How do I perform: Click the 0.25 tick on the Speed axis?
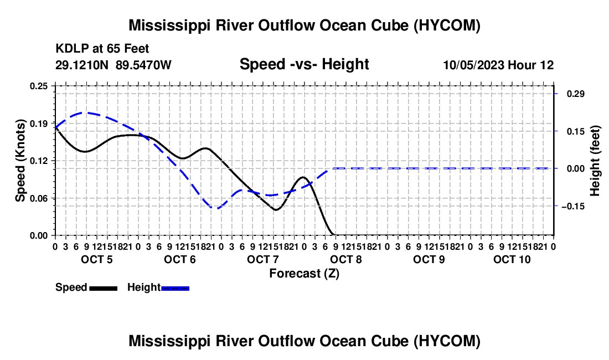pos(39,86)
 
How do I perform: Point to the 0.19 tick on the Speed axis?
pos(39,124)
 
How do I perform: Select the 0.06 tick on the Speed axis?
pos(39,198)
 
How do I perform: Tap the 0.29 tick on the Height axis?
pos(576,94)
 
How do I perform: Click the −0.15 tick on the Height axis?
pos(573,206)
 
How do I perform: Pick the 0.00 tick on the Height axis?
pos(576,168)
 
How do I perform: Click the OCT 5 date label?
pos(97,259)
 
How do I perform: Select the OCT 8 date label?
pos(345,259)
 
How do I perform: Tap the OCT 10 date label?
pos(512,259)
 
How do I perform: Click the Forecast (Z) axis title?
pos(304,274)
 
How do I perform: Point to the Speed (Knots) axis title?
pos(20,161)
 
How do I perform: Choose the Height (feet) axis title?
pos(595,161)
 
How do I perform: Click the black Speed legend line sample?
pos(104,289)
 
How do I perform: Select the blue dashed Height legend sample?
pos(175,289)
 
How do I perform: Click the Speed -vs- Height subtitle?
pos(304,64)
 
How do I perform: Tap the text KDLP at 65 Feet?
pos(102,49)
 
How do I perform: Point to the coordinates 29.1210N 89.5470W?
pos(113,65)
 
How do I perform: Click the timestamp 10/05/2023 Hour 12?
pos(498,65)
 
